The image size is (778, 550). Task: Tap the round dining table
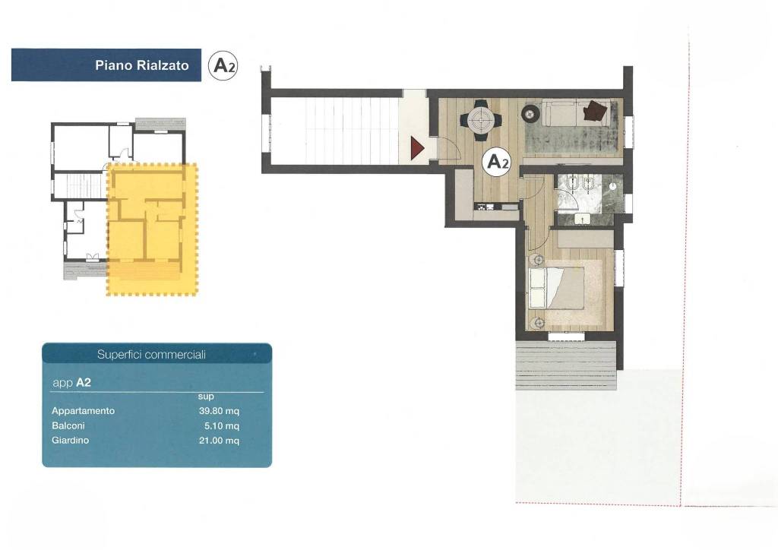[481, 119]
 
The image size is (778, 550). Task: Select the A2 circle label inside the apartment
[498, 161]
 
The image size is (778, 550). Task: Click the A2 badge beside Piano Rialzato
[223, 65]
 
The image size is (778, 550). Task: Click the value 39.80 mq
[219, 411]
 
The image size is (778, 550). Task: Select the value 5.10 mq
[222, 425]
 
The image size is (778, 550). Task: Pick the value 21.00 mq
[219, 441]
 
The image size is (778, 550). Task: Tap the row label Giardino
[70, 440]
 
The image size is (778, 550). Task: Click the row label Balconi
[68, 425]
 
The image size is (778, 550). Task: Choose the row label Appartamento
[83, 411]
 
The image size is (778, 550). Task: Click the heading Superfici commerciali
[151, 354]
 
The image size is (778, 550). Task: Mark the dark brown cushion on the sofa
[595, 110]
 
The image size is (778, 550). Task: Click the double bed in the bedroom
[556, 288]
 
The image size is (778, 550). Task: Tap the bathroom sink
[581, 218]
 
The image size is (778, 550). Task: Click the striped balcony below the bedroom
[566, 365]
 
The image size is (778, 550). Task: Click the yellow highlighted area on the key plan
[152, 229]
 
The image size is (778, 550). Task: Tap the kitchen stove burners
[482, 206]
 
